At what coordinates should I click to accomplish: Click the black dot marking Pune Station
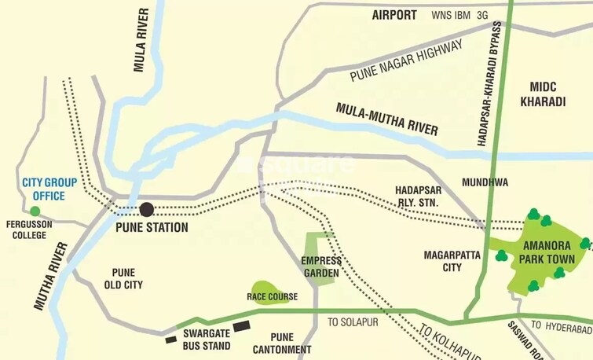click(147, 209)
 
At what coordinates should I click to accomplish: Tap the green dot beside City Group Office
click(35, 211)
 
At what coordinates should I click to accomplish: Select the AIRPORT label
click(394, 15)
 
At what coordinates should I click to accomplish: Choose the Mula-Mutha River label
click(386, 119)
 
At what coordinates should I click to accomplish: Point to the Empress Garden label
click(320, 267)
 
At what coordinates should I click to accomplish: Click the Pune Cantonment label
click(280, 343)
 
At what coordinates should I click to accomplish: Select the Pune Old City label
click(123, 278)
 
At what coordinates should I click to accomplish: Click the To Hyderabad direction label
click(561, 325)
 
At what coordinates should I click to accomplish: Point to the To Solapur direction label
click(353, 322)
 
